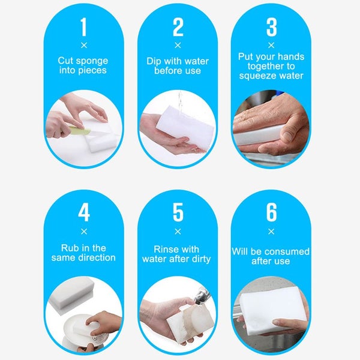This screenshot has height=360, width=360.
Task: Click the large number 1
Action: tap(83, 27)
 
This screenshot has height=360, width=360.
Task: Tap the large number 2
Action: tap(178, 27)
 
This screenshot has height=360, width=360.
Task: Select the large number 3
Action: tap(271, 27)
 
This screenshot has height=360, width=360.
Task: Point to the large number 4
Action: tap(83, 213)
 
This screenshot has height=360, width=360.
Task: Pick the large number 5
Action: tap(178, 213)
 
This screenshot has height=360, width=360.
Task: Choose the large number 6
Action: tap(271, 213)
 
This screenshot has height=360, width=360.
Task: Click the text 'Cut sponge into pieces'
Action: tap(83, 65)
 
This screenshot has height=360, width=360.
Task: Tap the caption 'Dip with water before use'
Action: tap(178, 65)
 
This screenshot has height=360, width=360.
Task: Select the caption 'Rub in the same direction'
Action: tap(83, 253)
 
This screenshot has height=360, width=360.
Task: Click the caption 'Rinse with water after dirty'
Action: tap(178, 254)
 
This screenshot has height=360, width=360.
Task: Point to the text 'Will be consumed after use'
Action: tap(271, 256)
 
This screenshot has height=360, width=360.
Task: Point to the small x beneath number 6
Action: tap(271, 232)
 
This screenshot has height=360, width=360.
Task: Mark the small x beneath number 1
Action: tap(83, 45)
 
